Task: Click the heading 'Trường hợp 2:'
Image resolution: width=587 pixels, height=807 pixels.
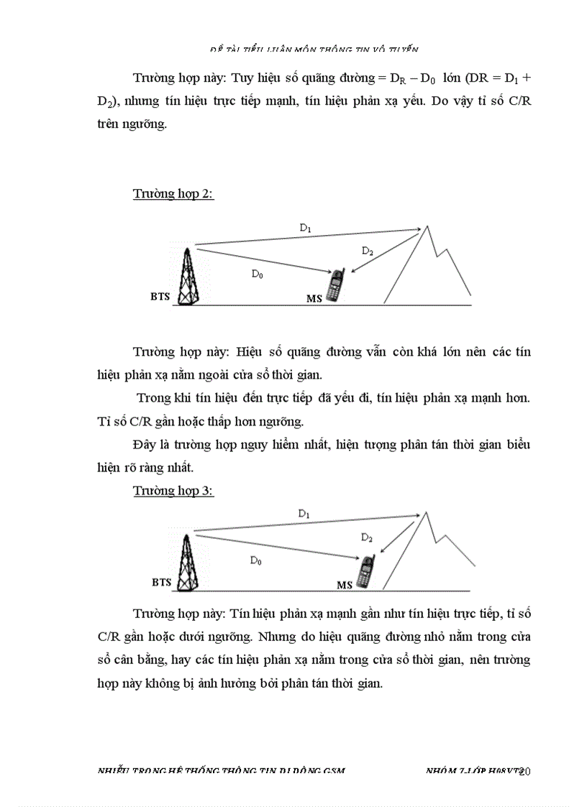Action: click(x=173, y=194)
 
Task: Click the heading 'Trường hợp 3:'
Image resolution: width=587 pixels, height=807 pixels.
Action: click(x=173, y=491)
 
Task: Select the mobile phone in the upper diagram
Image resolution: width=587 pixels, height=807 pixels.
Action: click(x=335, y=285)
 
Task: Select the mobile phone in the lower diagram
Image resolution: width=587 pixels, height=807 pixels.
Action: click(x=367, y=571)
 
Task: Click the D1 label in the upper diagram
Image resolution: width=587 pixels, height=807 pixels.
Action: click(x=305, y=228)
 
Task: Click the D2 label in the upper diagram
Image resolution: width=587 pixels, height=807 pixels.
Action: click(x=368, y=251)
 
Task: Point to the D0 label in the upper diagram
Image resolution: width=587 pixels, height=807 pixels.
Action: click(x=257, y=273)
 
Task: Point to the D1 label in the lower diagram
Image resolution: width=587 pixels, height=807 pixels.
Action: click(x=304, y=514)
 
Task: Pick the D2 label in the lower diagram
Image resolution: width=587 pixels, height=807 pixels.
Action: click(x=366, y=538)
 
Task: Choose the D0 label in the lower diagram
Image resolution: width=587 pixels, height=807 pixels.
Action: click(x=255, y=561)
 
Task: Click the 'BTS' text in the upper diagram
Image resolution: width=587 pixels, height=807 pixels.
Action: click(x=160, y=296)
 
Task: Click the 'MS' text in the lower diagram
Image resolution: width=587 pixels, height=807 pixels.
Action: click(x=345, y=586)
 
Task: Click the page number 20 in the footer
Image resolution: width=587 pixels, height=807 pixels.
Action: click(x=524, y=771)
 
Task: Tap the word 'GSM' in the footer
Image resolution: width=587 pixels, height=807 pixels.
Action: click(x=334, y=770)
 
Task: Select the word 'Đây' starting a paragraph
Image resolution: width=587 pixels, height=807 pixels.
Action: click(x=144, y=444)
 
